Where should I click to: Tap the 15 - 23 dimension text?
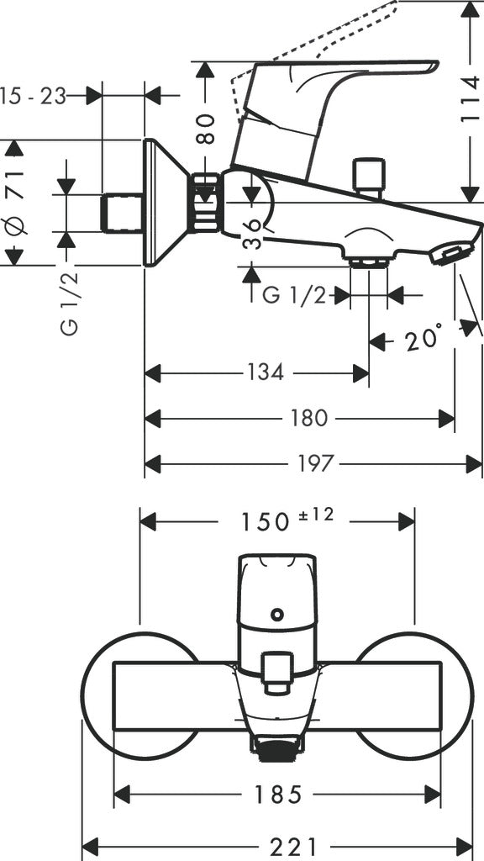[x=34, y=95]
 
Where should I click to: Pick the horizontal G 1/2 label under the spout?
[x=294, y=296]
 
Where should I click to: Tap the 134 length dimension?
[x=266, y=372]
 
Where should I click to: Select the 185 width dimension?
[x=276, y=793]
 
